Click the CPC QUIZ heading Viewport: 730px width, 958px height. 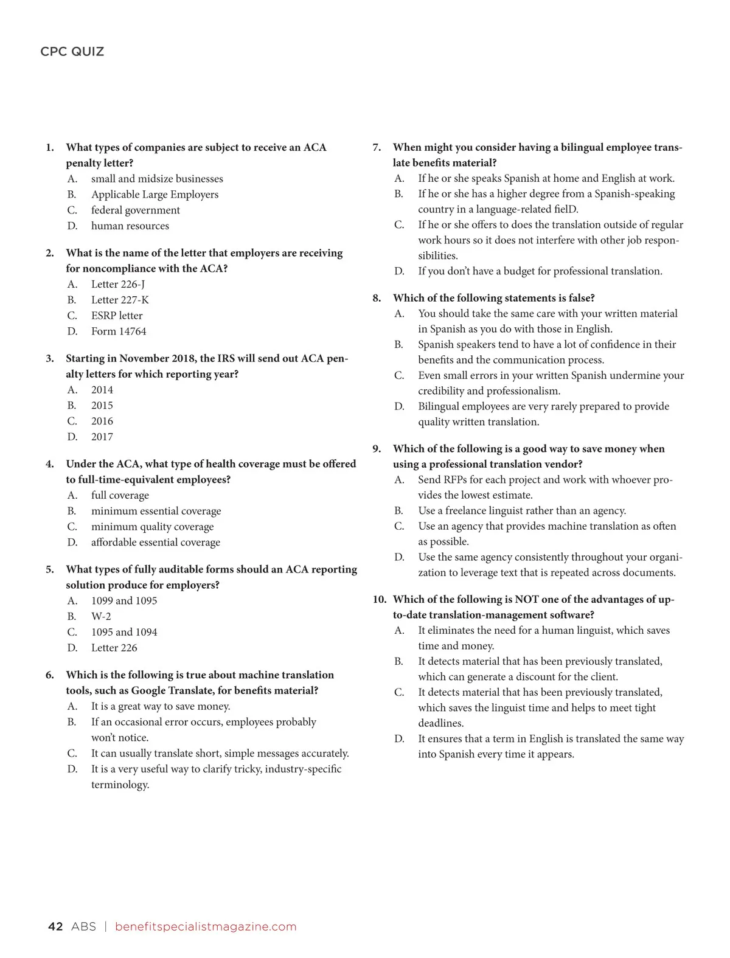[72, 52]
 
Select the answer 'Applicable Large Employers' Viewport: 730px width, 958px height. [155, 195]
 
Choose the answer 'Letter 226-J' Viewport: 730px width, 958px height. [118, 284]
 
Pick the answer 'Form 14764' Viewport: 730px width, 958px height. [119, 331]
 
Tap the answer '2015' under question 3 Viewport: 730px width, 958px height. [102, 406]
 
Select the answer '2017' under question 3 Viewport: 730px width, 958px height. [102, 437]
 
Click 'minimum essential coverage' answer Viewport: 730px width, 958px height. [156, 511]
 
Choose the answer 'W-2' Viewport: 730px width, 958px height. [101, 616]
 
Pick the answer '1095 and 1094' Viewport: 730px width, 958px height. [124, 632]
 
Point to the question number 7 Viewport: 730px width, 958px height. [377, 148]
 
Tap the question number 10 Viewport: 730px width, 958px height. [379, 600]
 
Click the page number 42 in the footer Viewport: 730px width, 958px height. [55, 926]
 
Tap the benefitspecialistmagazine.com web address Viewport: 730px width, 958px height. [206, 926]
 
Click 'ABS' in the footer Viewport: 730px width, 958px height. [83, 926]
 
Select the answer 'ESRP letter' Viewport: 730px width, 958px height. [117, 316]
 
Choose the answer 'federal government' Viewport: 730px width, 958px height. [136, 210]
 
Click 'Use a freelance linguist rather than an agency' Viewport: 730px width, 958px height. [521, 511]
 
